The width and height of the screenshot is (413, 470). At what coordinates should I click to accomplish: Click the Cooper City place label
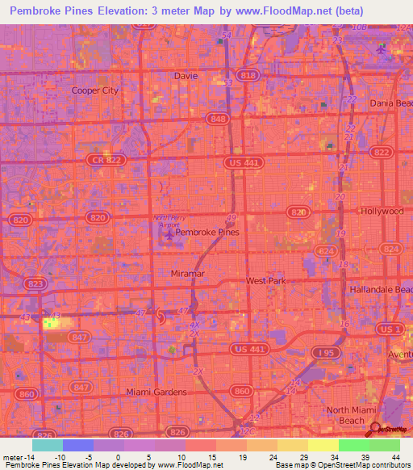coord(95,90)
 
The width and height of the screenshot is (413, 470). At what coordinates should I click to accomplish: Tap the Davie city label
coord(186,76)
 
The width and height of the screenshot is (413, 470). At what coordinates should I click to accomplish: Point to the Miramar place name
coord(189,275)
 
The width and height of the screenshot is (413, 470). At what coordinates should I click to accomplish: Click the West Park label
coord(266,281)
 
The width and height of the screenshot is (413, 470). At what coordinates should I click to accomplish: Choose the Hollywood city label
coord(382,212)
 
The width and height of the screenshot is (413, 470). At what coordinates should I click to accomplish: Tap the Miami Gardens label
coord(156,392)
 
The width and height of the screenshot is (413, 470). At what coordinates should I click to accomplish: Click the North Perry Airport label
coord(169,222)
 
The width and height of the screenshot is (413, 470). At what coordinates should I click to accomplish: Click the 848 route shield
coord(216,119)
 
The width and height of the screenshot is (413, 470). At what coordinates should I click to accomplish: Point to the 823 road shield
coord(35,283)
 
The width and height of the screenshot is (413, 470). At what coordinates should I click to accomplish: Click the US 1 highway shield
coord(393,329)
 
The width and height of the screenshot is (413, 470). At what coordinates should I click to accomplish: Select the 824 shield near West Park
coord(325,252)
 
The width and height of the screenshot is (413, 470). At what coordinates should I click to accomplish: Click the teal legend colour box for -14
coord(47,445)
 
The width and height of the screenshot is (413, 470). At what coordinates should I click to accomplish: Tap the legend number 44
coord(395,456)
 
